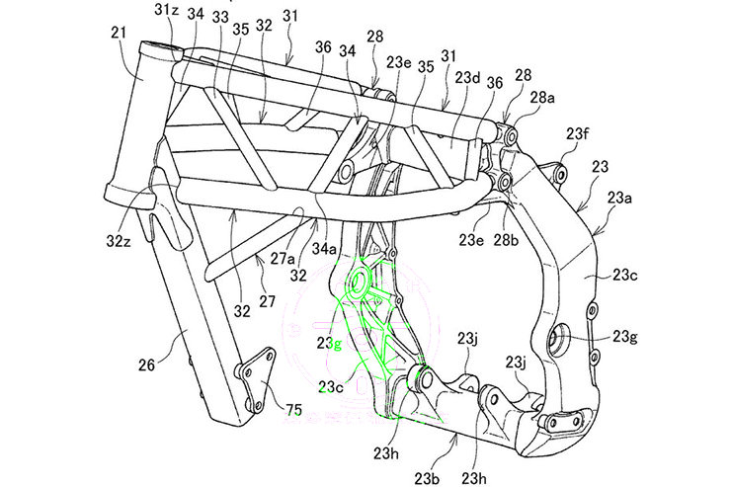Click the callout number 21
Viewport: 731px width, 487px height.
click(x=119, y=34)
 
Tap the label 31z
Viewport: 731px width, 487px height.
click(x=165, y=12)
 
